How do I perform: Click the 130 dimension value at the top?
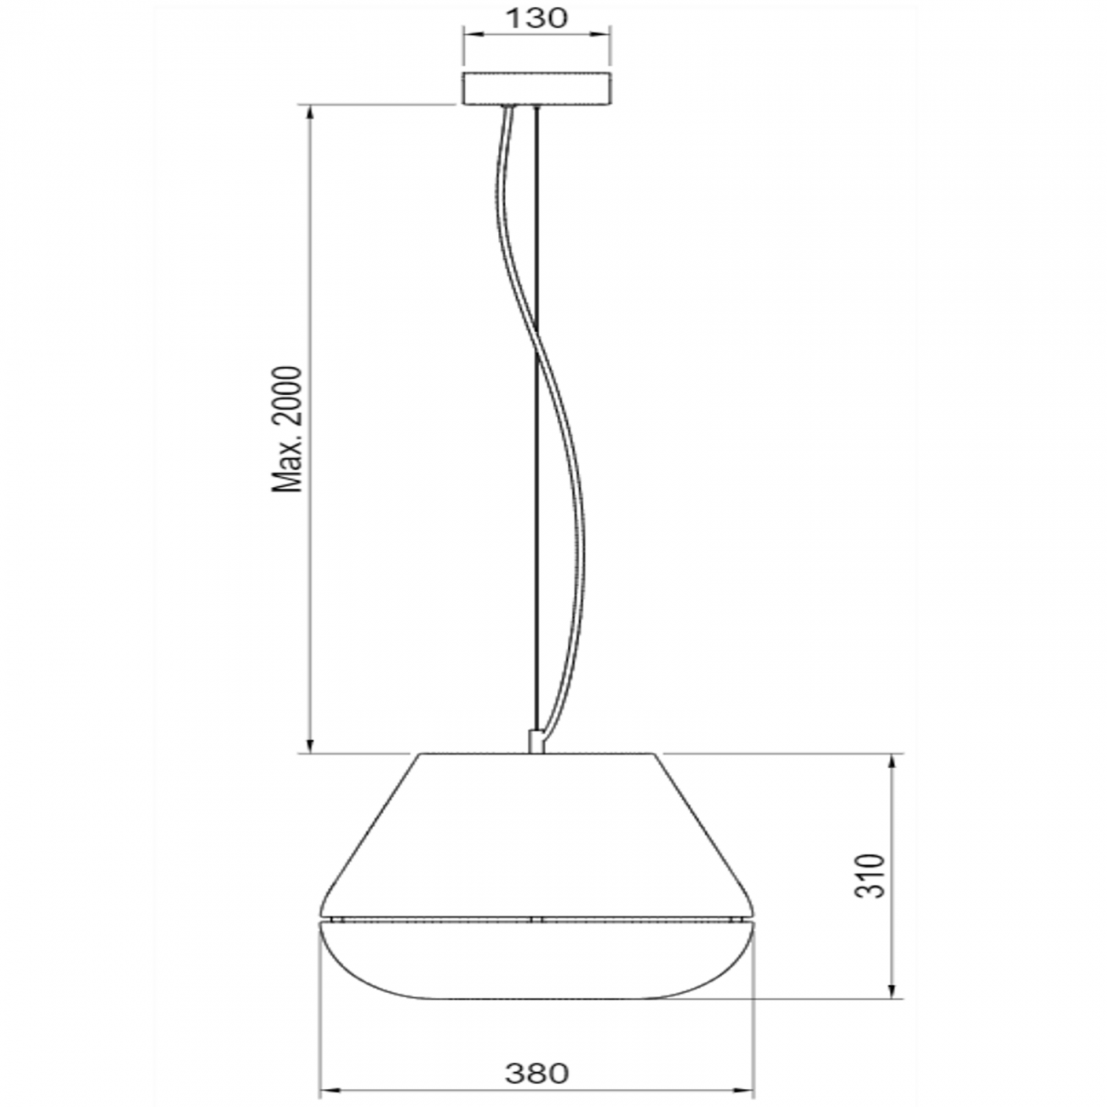point(536,19)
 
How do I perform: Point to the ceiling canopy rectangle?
point(536,89)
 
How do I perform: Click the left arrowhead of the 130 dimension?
point(469,35)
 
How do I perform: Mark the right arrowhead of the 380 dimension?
point(748,1089)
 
